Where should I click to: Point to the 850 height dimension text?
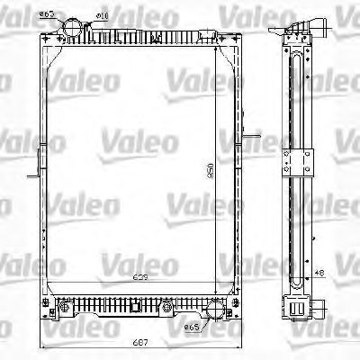point(210,173)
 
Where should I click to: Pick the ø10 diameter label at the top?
point(103,16)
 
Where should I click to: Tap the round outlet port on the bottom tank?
point(214,313)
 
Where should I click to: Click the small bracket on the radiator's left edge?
point(37,166)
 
